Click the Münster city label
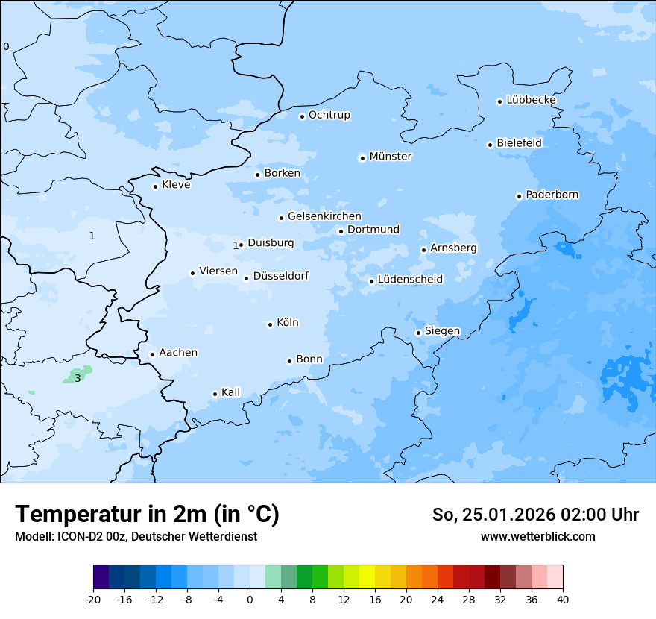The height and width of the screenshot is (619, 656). [390, 157]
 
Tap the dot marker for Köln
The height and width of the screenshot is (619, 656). [270, 324]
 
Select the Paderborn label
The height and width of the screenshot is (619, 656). [552, 195]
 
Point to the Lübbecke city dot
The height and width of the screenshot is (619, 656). [499, 101]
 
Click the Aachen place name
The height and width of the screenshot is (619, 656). [178, 353]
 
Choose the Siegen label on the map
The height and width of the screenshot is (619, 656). [442, 331]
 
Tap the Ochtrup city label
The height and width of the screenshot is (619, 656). [329, 116]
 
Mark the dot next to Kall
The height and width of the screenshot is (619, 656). [215, 394]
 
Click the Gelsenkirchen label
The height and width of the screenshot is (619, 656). [324, 217]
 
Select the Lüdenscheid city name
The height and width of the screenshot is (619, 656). [410, 280]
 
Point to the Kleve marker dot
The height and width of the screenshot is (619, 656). [155, 186]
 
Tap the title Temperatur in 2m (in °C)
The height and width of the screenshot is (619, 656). [148, 515]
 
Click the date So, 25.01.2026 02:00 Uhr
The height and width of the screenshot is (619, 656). [535, 515]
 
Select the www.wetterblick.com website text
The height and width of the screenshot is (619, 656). [537, 536]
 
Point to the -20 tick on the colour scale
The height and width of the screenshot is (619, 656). [93, 599]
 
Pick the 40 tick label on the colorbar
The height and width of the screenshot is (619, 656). [562, 599]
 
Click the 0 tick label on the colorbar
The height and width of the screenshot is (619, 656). [250, 599]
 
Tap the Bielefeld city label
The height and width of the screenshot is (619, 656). [519, 143]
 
